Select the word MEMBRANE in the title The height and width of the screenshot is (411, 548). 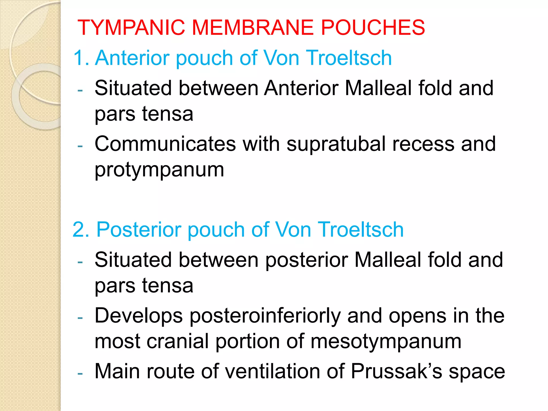pyautogui.click(x=253, y=28)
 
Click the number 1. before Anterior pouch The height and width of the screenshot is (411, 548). pyautogui.click(x=81, y=58)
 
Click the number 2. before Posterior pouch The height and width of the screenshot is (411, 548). pyautogui.click(x=81, y=230)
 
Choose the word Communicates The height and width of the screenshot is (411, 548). pyautogui.click(x=165, y=144)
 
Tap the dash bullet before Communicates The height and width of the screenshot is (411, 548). pyautogui.click(x=80, y=146)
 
